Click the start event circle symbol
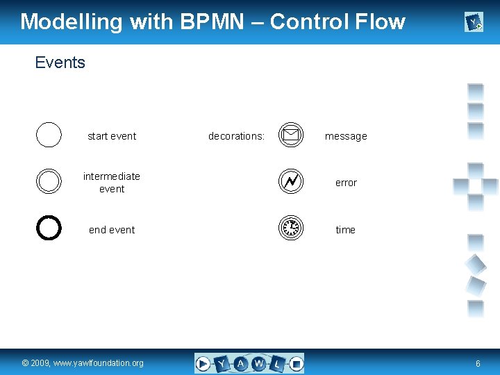(49, 135)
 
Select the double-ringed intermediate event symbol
(49, 181)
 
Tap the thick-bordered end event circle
(49, 228)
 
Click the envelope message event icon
(291, 135)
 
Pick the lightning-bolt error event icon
(291, 181)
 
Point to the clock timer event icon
(291, 228)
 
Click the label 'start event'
(112, 136)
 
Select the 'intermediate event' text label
(112, 182)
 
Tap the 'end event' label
(112, 230)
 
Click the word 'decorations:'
(236, 136)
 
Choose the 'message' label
(346, 136)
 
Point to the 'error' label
(346, 183)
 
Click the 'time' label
(345, 230)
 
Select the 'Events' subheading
(60, 62)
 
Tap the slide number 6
(478, 363)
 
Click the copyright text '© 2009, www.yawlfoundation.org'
(83, 363)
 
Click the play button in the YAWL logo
(203, 363)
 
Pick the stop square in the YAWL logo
(296, 363)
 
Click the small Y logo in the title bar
(474, 23)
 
